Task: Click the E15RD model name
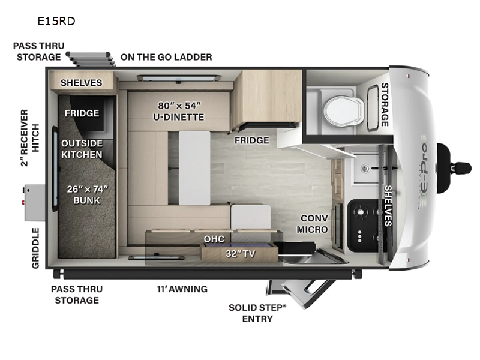(56, 21)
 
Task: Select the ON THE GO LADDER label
(166, 57)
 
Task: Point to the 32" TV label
(241, 253)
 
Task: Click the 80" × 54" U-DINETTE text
(179, 111)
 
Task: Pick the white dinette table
(194, 168)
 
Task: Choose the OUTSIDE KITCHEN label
(82, 149)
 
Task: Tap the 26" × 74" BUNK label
(87, 194)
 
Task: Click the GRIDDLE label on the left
(36, 248)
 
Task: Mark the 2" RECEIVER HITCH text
(30, 138)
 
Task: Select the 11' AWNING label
(182, 289)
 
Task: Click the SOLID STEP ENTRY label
(257, 313)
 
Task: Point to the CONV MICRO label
(313, 224)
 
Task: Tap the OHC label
(214, 239)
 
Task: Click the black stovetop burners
(365, 226)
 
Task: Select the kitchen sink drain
(365, 168)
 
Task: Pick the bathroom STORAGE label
(385, 104)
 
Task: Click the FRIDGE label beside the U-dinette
(252, 140)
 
